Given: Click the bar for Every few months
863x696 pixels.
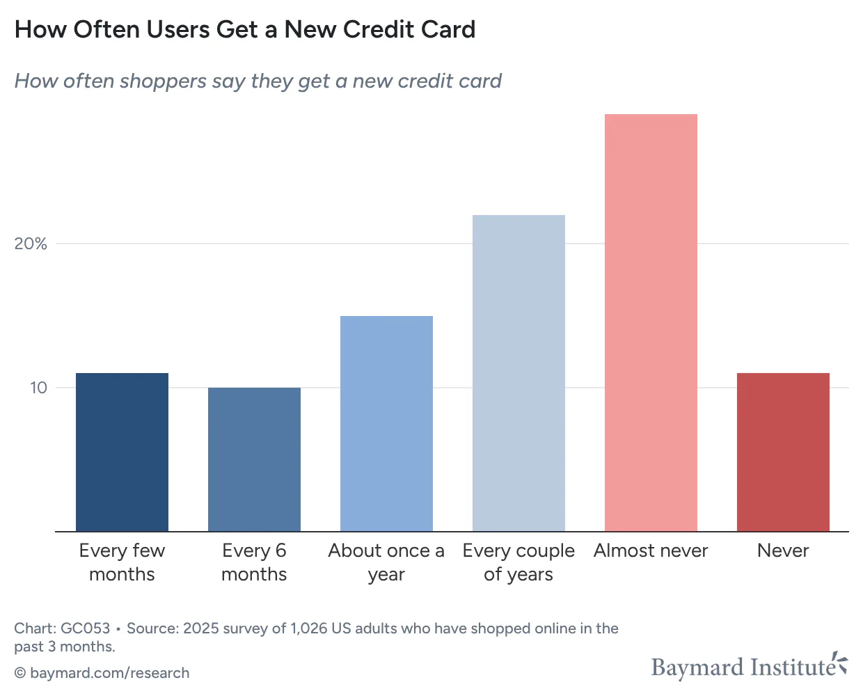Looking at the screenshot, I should [x=122, y=452].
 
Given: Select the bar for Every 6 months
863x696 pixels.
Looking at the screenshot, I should [x=254, y=459].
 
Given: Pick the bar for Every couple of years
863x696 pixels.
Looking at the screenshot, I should [x=518, y=373].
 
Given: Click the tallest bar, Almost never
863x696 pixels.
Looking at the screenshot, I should [x=651, y=322].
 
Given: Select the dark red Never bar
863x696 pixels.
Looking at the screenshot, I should [x=783, y=452].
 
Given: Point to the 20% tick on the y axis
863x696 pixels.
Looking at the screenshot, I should [x=31, y=244].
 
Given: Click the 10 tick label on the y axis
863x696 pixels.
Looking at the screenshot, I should [x=38, y=388].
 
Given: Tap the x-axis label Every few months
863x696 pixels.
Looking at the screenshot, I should [x=122, y=562].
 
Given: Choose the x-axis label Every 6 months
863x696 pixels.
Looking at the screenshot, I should [x=254, y=562].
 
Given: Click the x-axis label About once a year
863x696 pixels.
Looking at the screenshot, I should [x=386, y=562].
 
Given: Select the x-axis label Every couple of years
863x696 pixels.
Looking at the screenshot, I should [x=518, y=562].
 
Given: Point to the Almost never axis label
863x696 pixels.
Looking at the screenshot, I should [x=651, y=551].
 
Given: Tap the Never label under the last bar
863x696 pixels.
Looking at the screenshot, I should [x=783, y=551].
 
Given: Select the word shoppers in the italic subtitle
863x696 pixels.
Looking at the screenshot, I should [x=163, y=81].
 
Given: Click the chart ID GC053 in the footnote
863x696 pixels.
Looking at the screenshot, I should [x=86, y=628].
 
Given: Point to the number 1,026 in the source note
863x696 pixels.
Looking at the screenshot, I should [x=309, y=628].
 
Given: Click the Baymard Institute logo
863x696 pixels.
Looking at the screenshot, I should [x=749, y=667].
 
